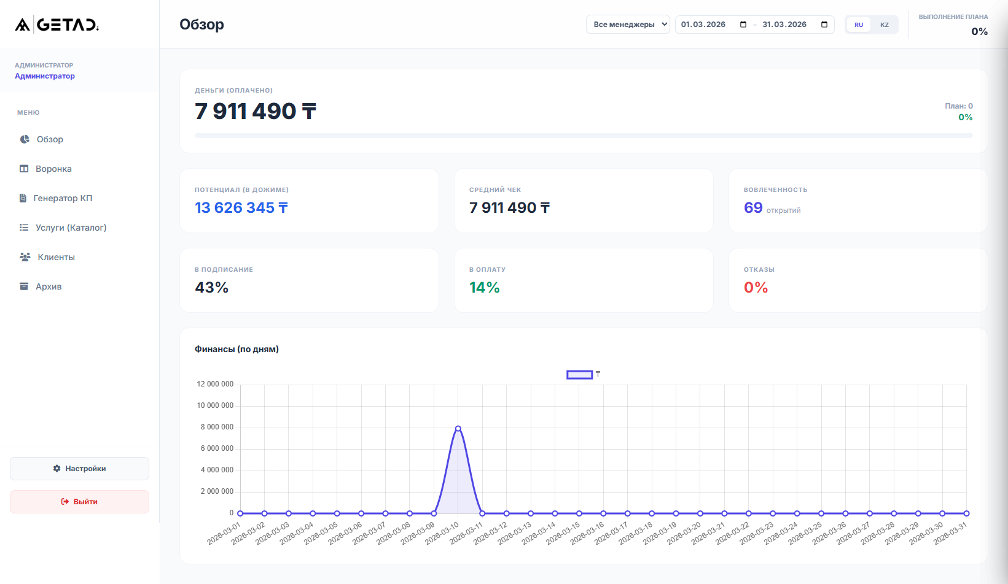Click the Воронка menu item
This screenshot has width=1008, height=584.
click(x=53, y=169)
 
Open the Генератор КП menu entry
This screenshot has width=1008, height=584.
click(x=62, y=198)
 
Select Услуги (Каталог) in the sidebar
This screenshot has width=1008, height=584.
click(x=70, y=228)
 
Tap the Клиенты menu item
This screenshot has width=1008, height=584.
click(x=55, y=257)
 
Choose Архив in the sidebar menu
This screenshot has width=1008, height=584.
click(x=48, y=286)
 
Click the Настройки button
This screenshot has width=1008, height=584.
click(x=79, y=469)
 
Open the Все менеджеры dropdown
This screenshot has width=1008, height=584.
click(x=627, y=25)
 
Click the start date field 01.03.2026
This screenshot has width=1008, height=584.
click(x=704, y=25)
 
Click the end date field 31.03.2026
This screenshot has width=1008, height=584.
click(x=784, y=25)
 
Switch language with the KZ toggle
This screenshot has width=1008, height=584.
click(x=884, y=25)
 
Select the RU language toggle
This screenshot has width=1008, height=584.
click(x=858, y=25)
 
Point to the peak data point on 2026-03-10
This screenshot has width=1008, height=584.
click(x=458, y=428)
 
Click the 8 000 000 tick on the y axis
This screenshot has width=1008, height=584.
click(x=217, y=427)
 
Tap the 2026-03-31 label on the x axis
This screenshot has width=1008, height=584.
click(x=950, y=533)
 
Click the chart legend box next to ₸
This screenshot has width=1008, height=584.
click(x=579, y=374)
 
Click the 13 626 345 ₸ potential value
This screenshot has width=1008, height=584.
click(x=241, y=208)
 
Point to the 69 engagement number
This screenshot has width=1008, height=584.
click(x=753, y=208)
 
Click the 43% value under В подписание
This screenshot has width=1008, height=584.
click(x=211, y=288)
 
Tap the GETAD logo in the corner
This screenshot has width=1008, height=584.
click(x=57, y=25)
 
